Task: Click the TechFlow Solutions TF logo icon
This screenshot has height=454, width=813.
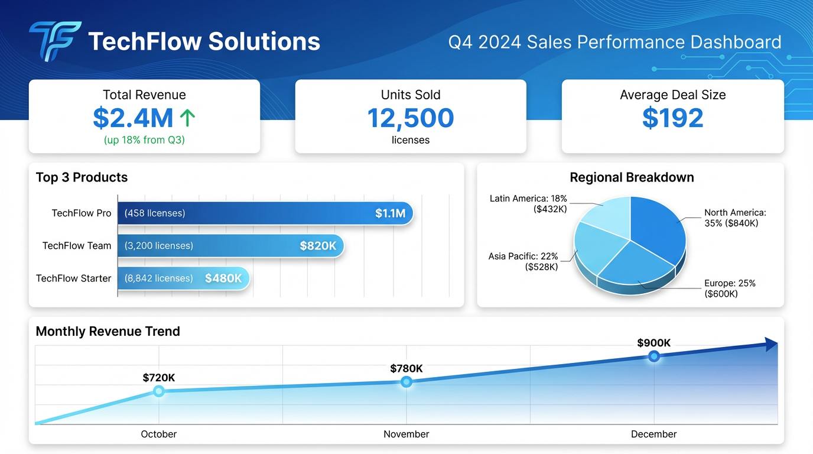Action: pos(55,41)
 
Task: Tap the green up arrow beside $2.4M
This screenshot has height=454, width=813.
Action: pos(187,118)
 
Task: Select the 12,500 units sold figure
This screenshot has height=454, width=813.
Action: pos(410,118)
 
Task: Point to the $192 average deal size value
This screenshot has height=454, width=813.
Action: pos(672,118)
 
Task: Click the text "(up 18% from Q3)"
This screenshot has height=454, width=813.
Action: pos(144,141)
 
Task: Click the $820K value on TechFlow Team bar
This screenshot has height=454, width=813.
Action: pos(318,246)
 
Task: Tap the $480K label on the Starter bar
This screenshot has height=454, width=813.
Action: pos(223,278)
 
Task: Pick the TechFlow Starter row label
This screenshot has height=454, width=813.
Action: pos(73,278)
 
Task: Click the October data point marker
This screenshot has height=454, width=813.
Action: pos(158,391)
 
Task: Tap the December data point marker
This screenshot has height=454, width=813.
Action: pos(653,356)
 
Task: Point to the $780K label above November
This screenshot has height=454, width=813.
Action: pos(406,369)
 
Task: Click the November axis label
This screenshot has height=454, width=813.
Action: pos(406,434)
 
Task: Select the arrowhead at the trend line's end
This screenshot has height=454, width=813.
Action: pos(770,345)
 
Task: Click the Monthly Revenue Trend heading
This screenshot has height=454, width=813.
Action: pos(108,332)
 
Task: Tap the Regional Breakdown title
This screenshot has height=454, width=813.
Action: pos(632,177)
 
